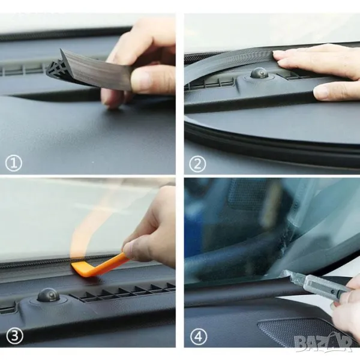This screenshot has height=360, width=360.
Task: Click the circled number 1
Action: tap(14, 163)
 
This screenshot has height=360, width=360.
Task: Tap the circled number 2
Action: tap(197, 163)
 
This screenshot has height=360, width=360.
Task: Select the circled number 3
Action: tap(14, 336)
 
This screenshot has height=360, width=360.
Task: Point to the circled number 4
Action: tap(199, 337)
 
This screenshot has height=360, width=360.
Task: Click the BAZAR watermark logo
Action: tap(323, 343)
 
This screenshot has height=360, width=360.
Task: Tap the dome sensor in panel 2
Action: tap(259, 73)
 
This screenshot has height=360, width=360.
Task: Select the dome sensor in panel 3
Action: tap(49, 295)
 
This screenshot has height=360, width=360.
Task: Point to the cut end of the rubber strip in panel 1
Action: tap(55, 68)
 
